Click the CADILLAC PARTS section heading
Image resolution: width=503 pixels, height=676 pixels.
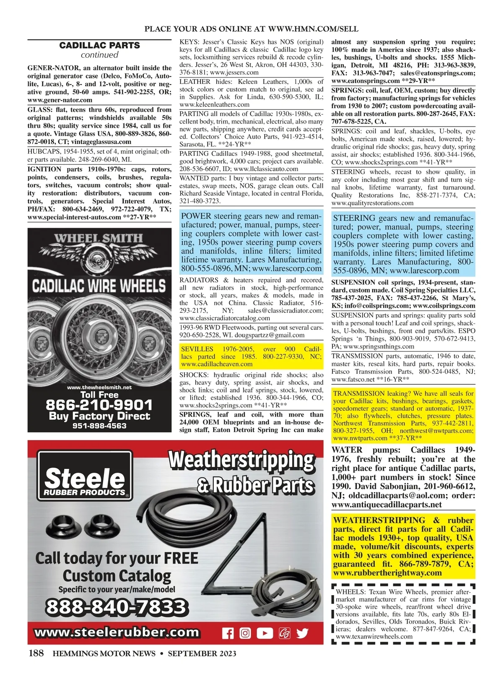click(x=99, y=45)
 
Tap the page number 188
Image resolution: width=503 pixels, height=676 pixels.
click(x=36, y=653)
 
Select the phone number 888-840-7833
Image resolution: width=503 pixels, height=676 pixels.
click(x=115, y=607)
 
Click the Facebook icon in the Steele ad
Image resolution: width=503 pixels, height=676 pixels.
click(x=228, y=633)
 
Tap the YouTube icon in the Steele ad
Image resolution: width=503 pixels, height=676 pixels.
click(x=264, y=633)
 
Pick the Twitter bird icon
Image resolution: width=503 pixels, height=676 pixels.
click(x=302, y=633)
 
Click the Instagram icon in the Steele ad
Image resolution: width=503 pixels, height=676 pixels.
click(x=245, y=633)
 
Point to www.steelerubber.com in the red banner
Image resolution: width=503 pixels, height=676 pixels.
click(x=117, y=632)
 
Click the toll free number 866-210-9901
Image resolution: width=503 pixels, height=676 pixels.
click(x=99, y=405)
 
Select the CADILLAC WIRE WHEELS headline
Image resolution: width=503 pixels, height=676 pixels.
click(x=99, y=287)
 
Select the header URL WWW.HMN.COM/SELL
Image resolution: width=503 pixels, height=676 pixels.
click(x=313, y=29)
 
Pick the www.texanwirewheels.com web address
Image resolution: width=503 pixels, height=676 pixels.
click(x=374, y=636)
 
